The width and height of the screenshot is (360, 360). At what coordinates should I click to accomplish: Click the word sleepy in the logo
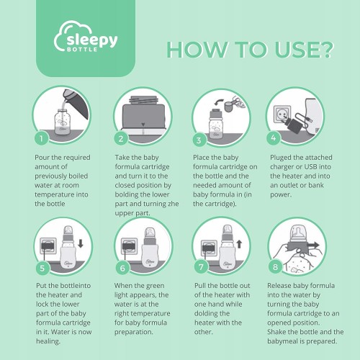point(92,40)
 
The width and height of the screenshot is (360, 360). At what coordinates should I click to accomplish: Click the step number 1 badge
point(41,138)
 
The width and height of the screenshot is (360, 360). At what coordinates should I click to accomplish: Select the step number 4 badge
point(274,138)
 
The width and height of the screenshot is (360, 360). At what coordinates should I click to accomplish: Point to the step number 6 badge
point(122,268)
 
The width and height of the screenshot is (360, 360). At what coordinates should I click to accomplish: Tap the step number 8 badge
point(275,266)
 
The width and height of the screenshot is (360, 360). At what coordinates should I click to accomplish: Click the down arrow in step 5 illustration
point(81,243)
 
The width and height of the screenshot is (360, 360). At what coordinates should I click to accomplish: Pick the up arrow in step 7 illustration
point(239,244)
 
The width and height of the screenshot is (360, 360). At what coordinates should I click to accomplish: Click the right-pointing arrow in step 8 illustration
point(313,246)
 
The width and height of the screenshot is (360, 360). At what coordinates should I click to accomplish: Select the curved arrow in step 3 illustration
point(218,103)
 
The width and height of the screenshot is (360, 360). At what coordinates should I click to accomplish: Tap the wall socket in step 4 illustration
point(282,114)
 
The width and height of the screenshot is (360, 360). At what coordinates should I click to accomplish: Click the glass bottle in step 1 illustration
point(62,122)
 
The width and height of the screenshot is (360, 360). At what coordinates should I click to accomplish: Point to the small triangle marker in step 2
point(143,125)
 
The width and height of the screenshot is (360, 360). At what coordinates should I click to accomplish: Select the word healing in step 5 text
point(48,341)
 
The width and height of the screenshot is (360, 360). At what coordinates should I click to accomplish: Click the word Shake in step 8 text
point(276,332)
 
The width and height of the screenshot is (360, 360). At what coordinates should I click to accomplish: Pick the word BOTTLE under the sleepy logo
point(82,50)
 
